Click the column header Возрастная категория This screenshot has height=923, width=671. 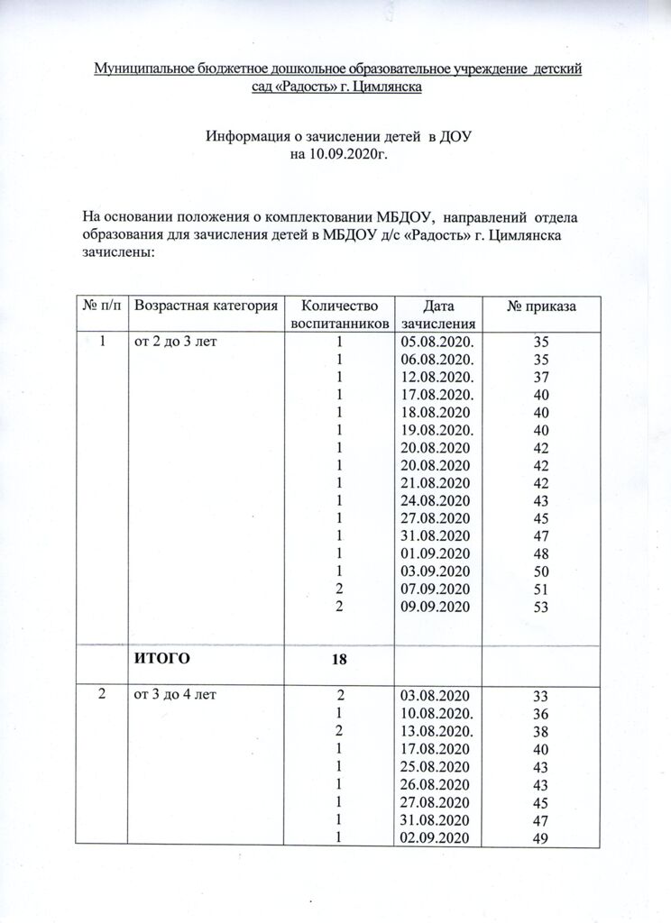tap(205, 306)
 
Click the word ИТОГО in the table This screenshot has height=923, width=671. tap(162, 659)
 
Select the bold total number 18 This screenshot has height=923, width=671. tap(339, 660)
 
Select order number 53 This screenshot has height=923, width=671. tap(541, 608)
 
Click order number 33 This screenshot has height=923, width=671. tap(541, 695)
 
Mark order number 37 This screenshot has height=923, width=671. tap(541, 378)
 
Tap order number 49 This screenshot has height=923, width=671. tap(541, 836)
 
